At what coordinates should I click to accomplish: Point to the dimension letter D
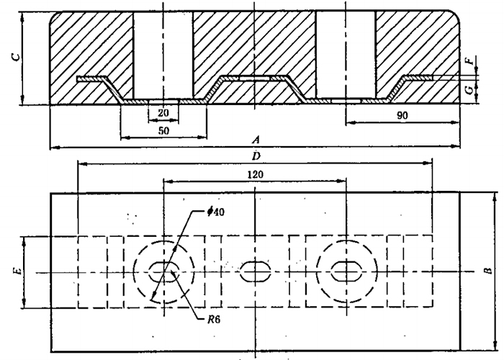pos(256,155)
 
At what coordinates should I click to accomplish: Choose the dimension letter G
pos(469,91)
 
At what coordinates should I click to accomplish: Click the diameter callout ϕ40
pos(216,211)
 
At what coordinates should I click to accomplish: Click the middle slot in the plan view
pos(253,271)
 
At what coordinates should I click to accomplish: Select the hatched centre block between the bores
pos(254,43)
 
